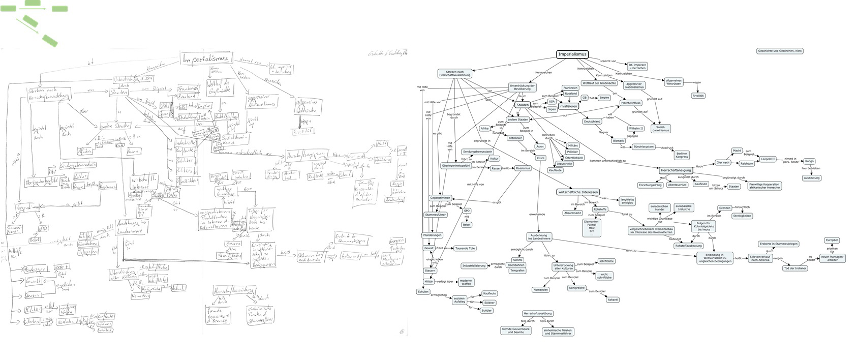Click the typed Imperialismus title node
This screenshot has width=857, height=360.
pyautogui.click(x=572, y=54)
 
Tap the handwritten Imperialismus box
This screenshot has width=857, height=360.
pyautogui.click(x=206, y=59)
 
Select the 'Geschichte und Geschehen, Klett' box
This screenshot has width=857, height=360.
pyautogui.click(x=780, y=51)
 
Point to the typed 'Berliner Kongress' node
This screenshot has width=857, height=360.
pyautogui.click(x=682, y=155)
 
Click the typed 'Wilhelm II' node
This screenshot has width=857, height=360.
pyautogui.click(x=636, y=129)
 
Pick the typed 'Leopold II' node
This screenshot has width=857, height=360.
pyautogui.click(x=768, y=159)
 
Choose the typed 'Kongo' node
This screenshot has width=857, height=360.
pyautogui.click(x=809, y=161)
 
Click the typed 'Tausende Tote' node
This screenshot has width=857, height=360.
pyautogui.click(x=465, y=248)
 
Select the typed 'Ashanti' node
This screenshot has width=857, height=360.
pyautogui.click(x=613, y=299)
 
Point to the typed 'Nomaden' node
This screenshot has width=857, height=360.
pyautogui.click(x=540, y=289)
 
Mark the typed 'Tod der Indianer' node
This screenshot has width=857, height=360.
pyautogui.click(x=795, y=268)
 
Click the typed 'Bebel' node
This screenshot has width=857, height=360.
pyautogui.click(x=467, y=224)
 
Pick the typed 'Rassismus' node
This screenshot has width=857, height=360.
pyautogui.click(x=523, y=168)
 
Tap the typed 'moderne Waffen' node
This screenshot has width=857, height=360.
pyautogui.click(x=466, y=282)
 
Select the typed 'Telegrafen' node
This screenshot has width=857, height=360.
pyautogui.click(x=517, y=271)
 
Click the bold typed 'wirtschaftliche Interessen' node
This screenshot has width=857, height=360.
pyautogui.click(x=577, y=192)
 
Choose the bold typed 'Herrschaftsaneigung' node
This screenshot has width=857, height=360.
pyautogui.click(x=676, y=170)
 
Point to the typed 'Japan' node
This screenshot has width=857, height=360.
pyautogui.click(x=552, y=109)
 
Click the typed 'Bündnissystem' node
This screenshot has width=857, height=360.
pyautogui.click(x=644, y=147)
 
